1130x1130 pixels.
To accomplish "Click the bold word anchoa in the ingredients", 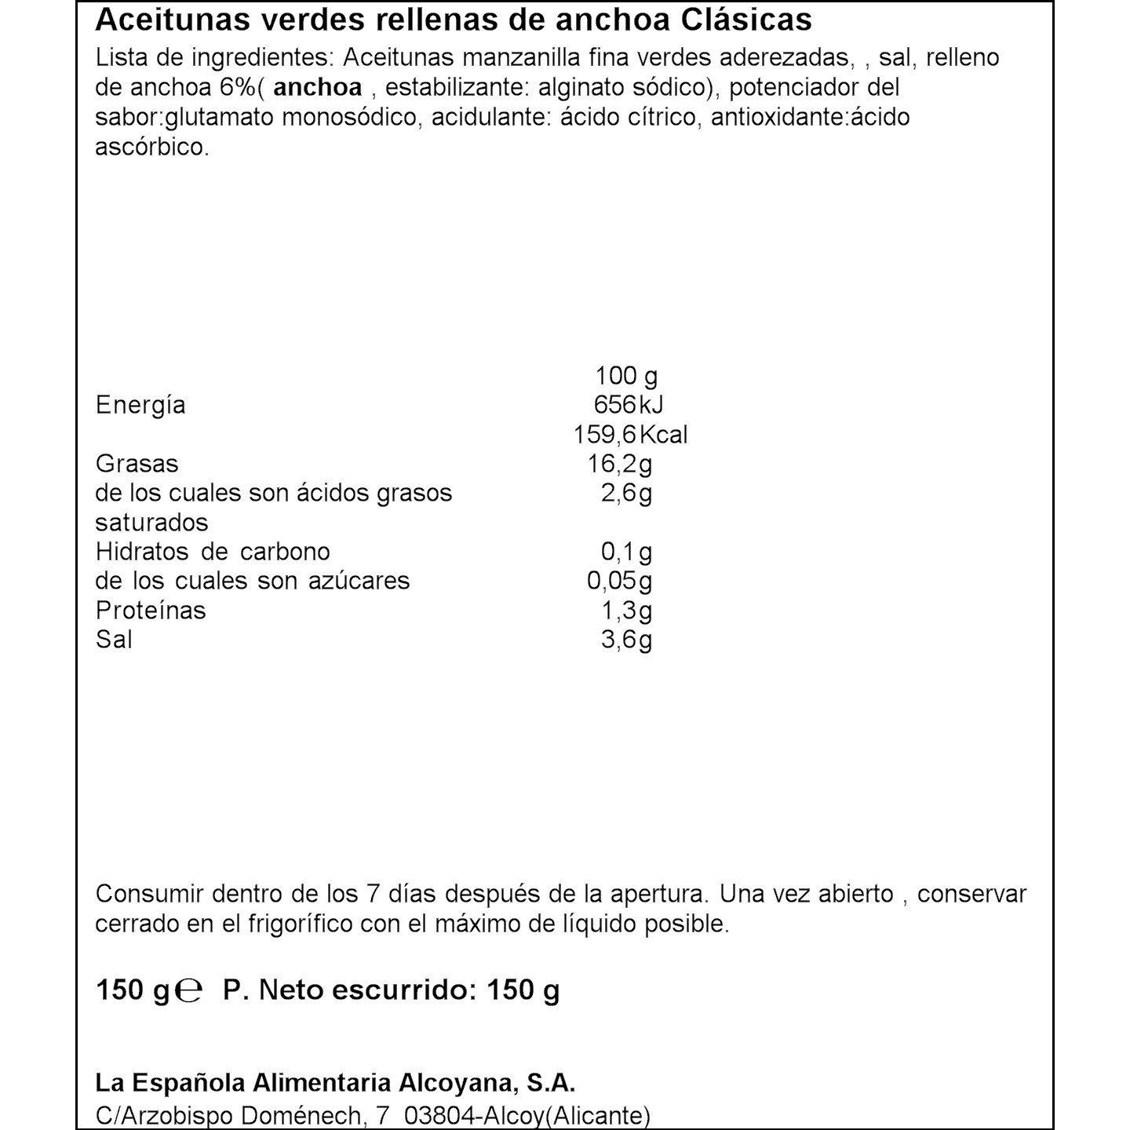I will click(318, 87).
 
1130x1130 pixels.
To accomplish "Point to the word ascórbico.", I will click(152, 147).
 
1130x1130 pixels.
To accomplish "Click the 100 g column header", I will click(626, 376).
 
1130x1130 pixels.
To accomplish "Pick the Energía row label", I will click(140, 406).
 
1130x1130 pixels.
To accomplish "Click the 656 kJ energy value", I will click(629, 405).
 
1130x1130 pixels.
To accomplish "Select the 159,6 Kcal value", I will click(629, 435).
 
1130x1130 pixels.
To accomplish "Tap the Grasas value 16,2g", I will click(620, 465).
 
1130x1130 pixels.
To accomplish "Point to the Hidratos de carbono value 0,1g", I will click(626, 552).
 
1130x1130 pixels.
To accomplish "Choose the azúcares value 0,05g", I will click(620, 581).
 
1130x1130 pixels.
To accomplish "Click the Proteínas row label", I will click(151, 611).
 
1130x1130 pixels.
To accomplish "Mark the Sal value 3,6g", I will click(626, 640).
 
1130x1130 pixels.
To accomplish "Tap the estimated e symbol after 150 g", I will click(189, 991).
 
